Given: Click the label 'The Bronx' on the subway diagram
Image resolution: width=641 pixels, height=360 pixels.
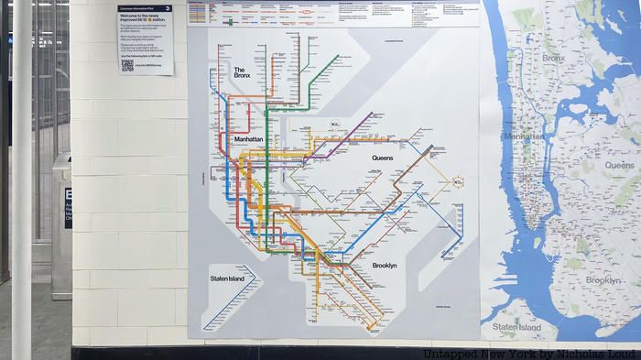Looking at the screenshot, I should click(242, 72).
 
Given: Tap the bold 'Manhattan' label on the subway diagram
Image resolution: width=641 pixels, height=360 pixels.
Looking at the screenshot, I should click(248, 139).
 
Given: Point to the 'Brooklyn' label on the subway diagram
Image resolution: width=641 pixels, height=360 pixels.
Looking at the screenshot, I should click(385, 266).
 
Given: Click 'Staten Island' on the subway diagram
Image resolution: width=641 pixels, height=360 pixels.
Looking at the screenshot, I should click(226, 278).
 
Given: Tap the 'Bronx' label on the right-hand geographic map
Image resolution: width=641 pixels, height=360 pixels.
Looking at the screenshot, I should click(553, 58).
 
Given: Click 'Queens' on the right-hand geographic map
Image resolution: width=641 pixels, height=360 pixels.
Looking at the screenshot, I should click(619, 165).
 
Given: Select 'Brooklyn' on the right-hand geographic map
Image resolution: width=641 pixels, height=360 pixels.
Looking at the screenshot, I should click(603, 279).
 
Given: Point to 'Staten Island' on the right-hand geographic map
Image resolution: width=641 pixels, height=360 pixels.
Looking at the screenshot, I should click(517, 327).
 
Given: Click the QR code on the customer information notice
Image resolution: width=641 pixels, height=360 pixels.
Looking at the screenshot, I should click(127, 65).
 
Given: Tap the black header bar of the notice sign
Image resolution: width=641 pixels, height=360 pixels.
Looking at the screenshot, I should click(145, 7).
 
